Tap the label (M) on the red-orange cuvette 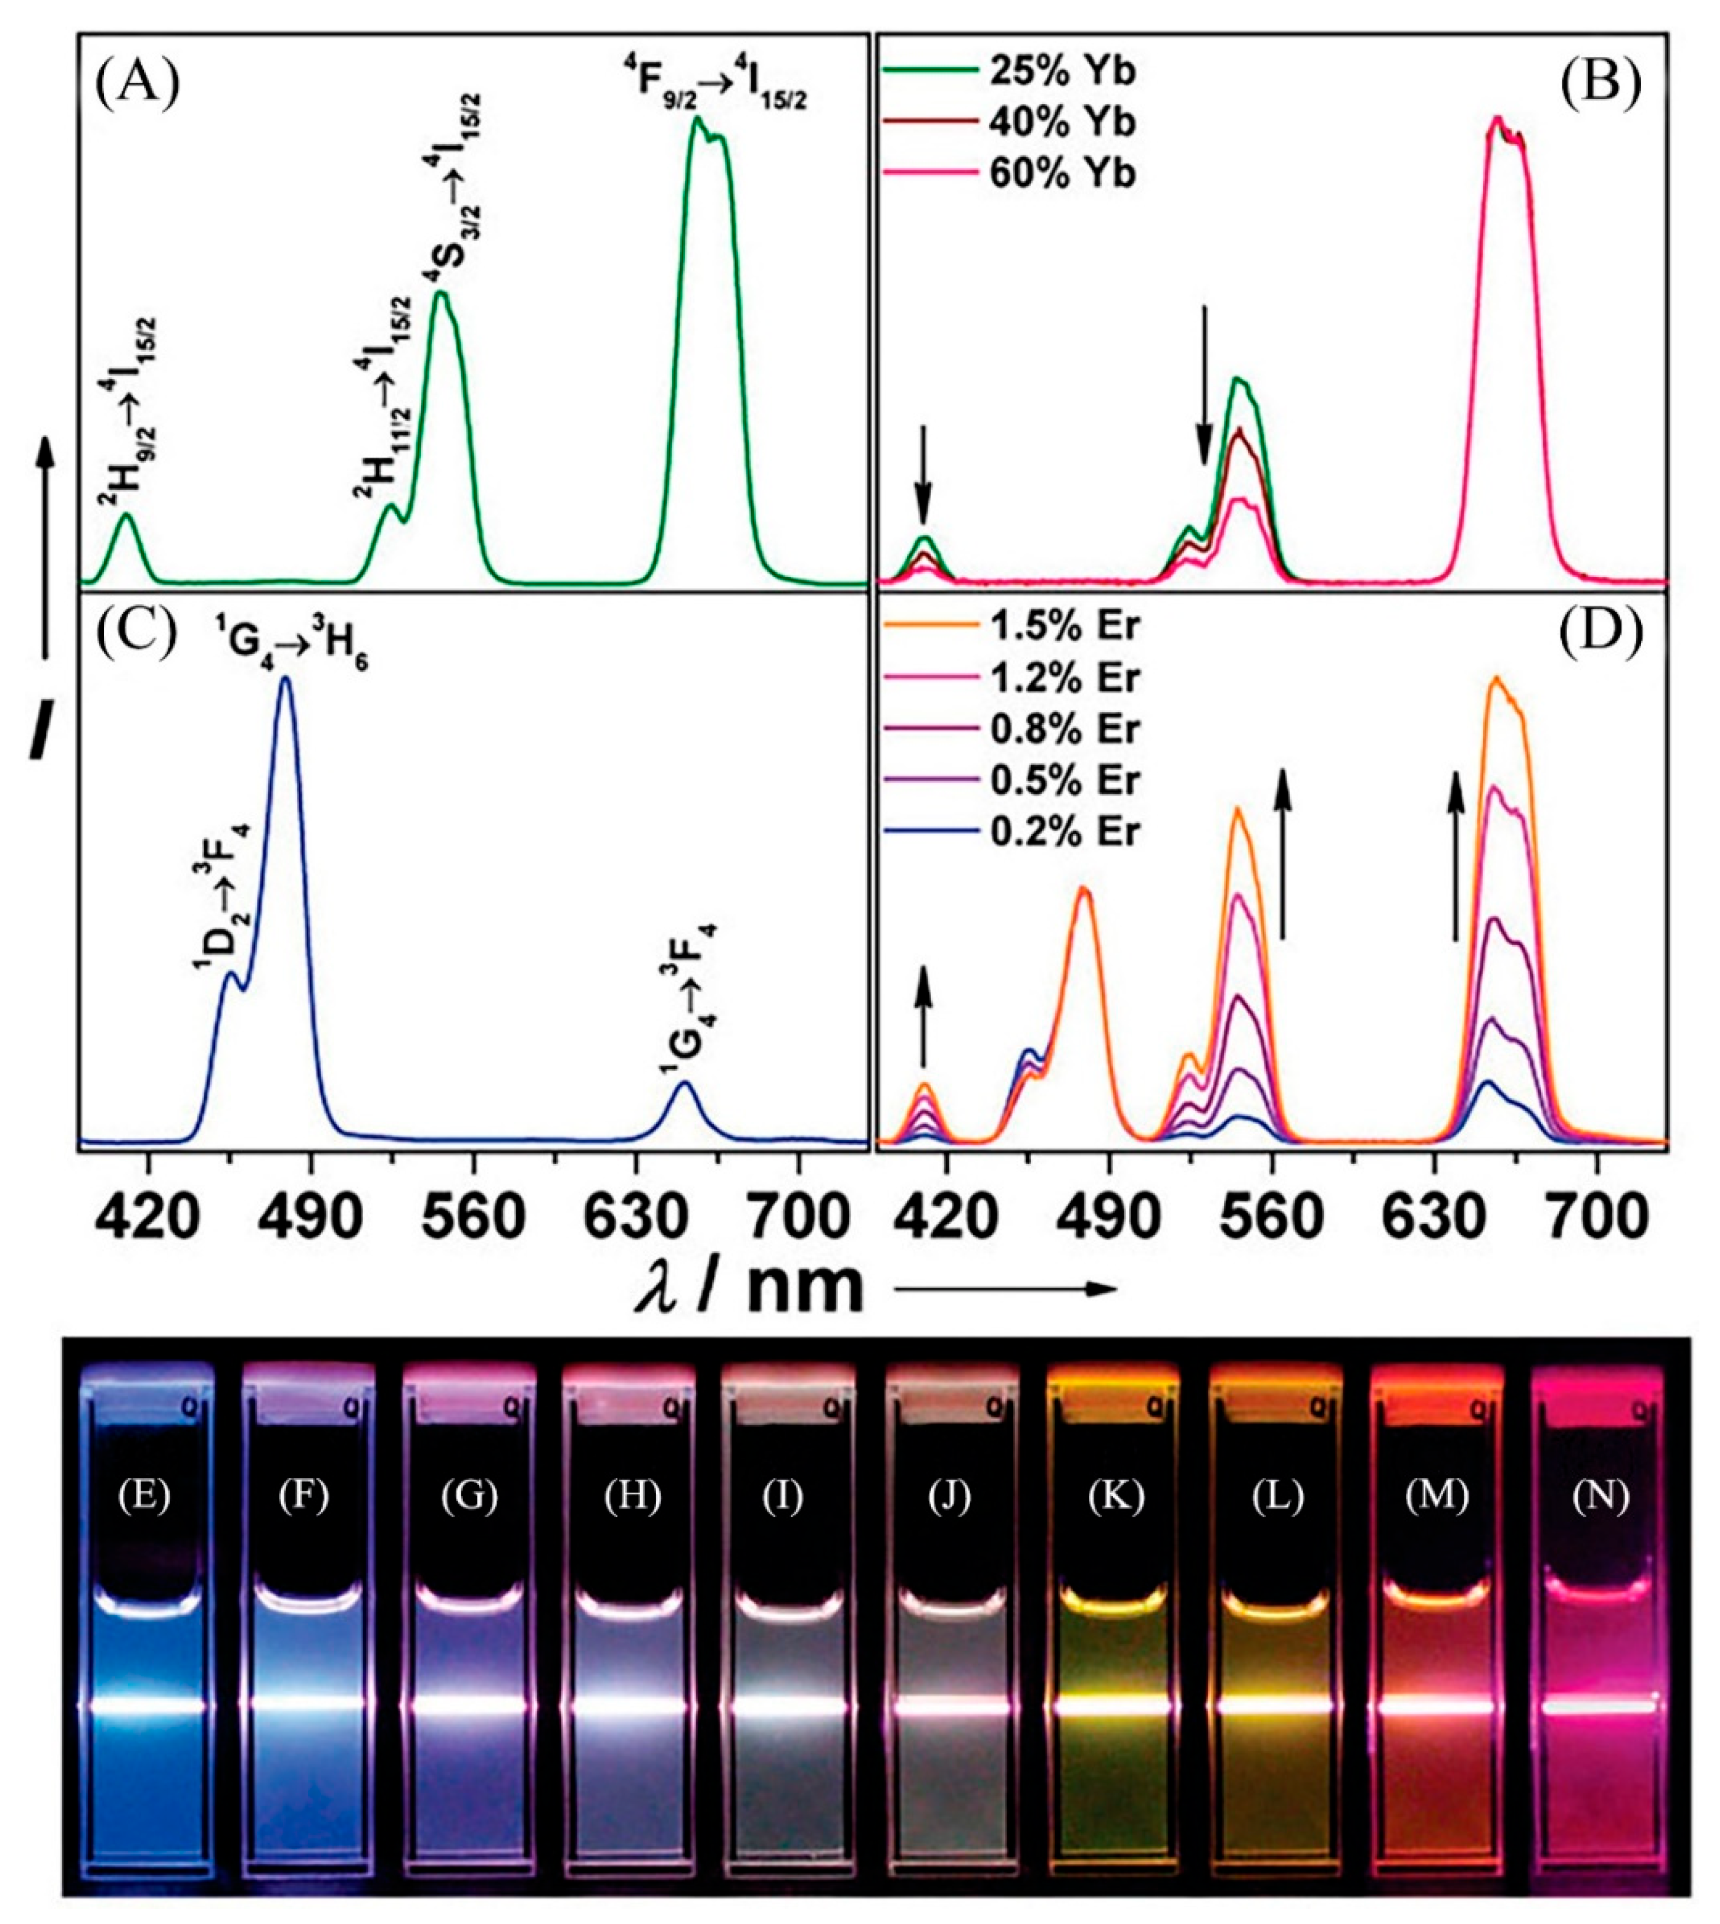(1435, 1496)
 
